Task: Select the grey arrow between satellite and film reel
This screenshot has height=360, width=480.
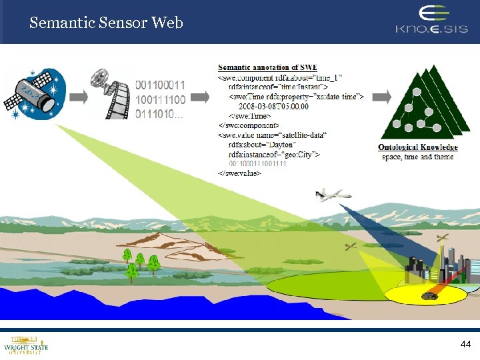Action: click(x=79, y=97)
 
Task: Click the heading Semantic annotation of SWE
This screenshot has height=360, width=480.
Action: click(x=268, y=67)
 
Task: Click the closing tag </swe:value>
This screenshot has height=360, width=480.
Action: click(x=240, y=173)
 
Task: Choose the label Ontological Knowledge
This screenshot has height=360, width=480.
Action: click(x=418, y=147)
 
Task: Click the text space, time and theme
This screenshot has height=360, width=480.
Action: click(x=418, y=157)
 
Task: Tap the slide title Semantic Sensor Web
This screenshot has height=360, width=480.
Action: click(x=106, y=23)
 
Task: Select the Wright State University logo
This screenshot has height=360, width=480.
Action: click(x=26, y=345)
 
